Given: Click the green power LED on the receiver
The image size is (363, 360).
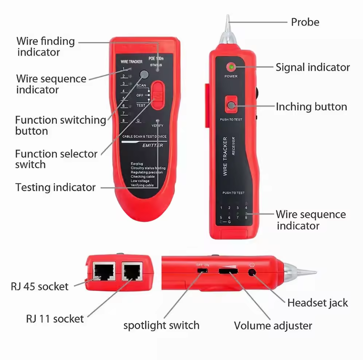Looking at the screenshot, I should [231, 67].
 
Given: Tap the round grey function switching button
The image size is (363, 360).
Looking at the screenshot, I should [144, 75].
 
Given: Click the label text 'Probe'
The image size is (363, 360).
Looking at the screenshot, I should [305, 22].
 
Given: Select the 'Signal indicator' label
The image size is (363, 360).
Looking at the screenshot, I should [312, 67].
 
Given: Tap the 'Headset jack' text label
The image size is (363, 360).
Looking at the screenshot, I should [317, 303].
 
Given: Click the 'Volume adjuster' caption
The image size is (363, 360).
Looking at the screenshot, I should [273, 326].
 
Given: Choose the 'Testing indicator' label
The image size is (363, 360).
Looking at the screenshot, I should [55, 187].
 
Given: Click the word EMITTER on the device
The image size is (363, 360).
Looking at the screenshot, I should [152, 145].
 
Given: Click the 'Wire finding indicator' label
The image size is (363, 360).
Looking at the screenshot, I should [46, 46].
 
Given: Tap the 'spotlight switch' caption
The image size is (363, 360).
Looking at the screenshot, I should [161, 326].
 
